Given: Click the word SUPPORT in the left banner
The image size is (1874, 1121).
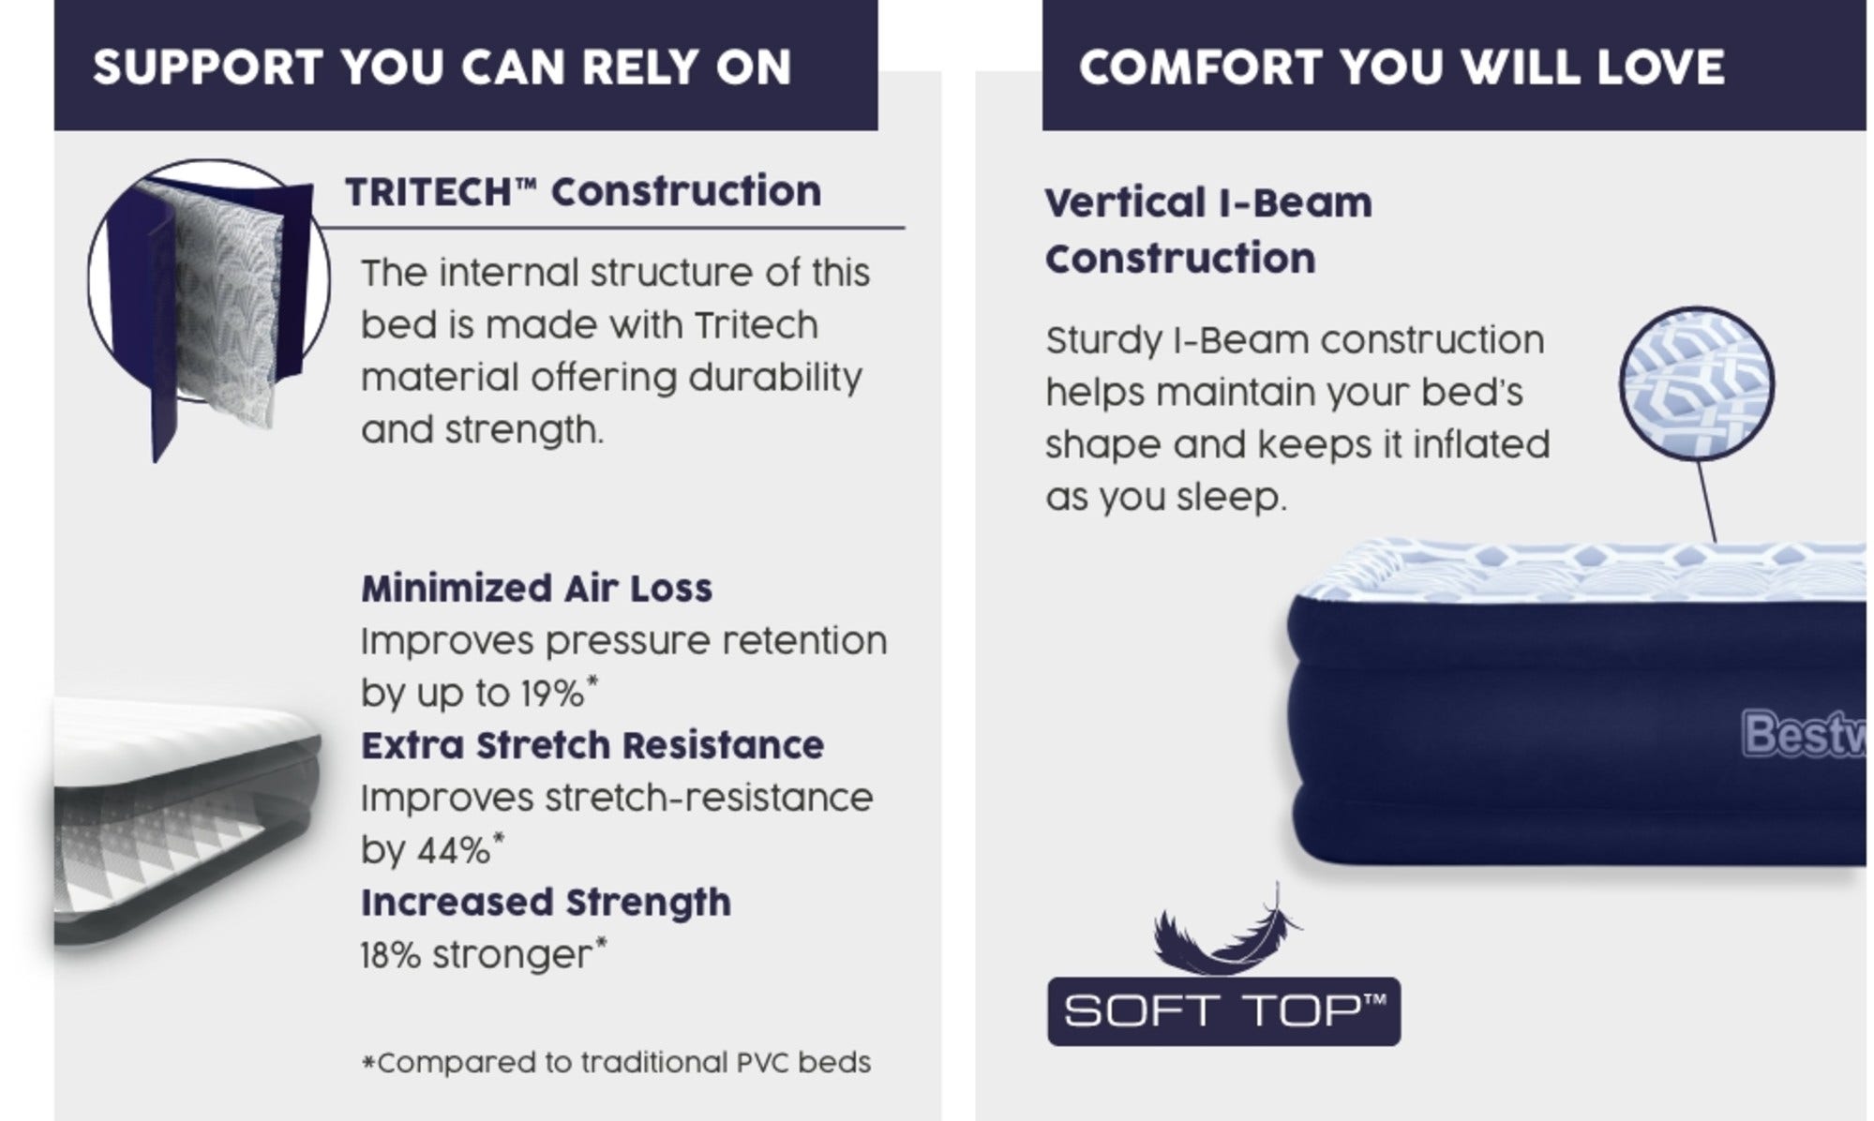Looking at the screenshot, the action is point(208,67).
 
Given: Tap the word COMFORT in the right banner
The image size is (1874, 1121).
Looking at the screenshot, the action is point(1200,67).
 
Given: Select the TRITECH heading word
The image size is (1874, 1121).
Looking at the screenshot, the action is point(427,192).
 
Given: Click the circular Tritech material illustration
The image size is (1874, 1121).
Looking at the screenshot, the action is point(209,281).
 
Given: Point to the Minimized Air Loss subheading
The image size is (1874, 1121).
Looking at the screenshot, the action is point(536,589).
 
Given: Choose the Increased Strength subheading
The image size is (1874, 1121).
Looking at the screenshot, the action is point(546,903).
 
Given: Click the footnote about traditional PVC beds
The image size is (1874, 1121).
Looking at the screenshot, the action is point(616,1063).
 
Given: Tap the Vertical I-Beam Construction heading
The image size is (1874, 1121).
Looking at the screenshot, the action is point(1208,231).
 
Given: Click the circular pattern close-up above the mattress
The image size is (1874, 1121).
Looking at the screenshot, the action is point(1697,383).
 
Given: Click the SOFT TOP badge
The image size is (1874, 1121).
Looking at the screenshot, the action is point(1223,1011).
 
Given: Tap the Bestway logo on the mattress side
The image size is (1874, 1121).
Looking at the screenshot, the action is point(1804,734).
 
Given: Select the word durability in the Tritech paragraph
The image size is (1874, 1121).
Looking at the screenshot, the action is point(775,378).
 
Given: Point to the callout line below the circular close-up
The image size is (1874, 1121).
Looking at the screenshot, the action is point(1706,501).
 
